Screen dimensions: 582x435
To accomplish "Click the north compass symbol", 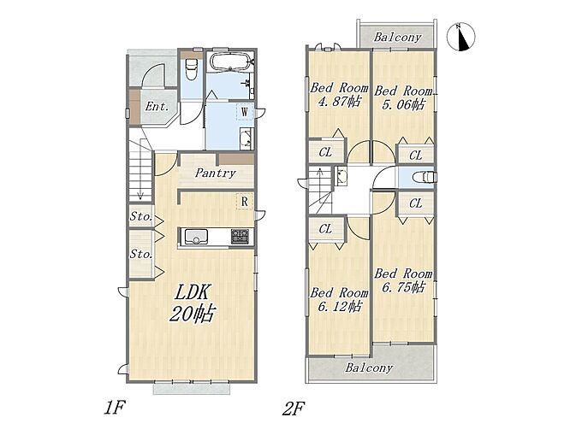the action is pos(460,36).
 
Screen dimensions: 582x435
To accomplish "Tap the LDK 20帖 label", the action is pos(192,303).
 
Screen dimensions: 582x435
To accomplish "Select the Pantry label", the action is pos(216,173).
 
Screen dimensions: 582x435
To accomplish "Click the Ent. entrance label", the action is pos(157,107).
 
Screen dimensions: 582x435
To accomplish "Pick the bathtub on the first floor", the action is pos(231,62).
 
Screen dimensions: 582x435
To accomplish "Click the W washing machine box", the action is pos(245,112).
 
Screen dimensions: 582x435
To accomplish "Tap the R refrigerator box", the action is pos(245,202).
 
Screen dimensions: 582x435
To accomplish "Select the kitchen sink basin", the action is pos(196,237).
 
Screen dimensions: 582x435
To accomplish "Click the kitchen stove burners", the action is pos(241,237).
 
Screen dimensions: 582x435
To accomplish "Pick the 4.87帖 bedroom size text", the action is pos(339,101).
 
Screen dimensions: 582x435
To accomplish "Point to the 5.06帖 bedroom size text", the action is pos(403,104).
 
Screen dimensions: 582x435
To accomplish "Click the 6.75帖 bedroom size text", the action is pos(403,287).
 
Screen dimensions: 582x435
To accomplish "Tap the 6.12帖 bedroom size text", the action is pos(339,306).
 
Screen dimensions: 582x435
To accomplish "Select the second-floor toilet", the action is pos(425,177).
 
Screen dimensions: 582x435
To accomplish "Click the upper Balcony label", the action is pos(397,37).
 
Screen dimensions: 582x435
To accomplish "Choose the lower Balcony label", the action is pos(369,367).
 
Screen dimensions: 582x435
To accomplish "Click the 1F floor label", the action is pos(114,408).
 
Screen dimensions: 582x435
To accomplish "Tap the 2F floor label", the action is pos(293,409).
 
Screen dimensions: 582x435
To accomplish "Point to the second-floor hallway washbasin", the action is pos(341,175).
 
